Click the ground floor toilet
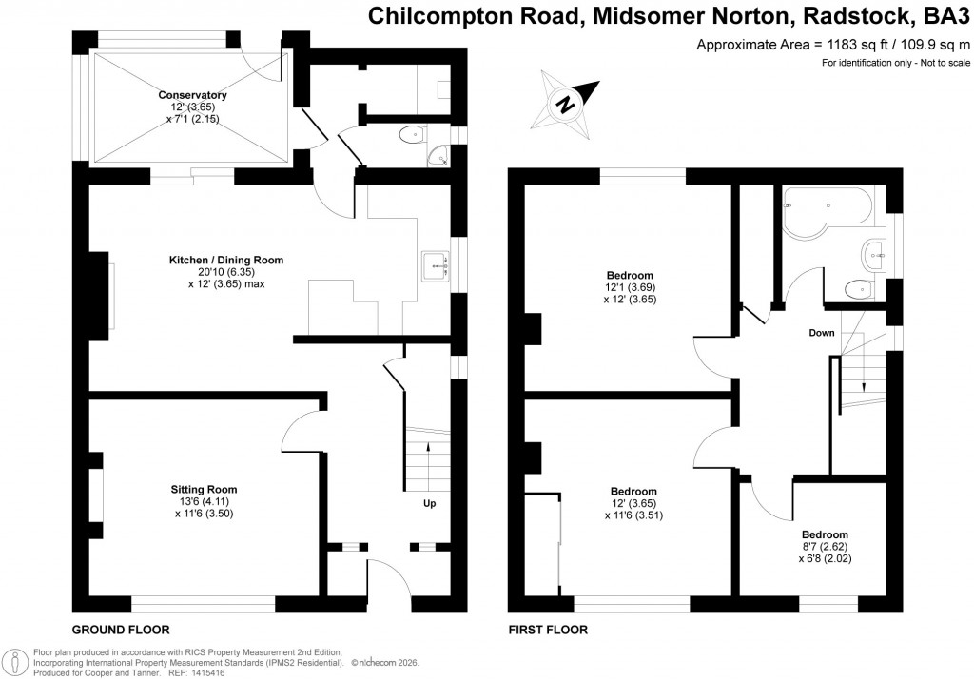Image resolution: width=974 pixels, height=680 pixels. coord(412,135)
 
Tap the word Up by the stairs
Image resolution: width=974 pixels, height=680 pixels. coord(430,503)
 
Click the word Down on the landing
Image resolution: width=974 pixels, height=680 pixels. coord(822,333)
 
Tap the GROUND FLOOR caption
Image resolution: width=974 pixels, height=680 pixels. coord(121,630)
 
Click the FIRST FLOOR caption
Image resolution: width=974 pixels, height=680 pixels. coord(548,630)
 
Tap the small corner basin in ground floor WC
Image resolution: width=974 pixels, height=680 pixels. coord(439,156)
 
